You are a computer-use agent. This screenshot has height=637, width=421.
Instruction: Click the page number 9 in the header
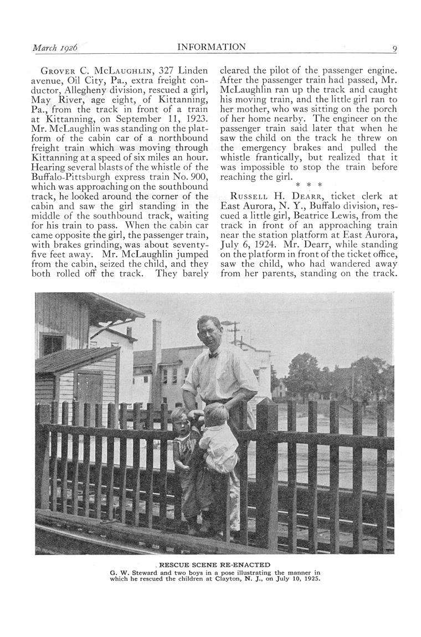point(394,48)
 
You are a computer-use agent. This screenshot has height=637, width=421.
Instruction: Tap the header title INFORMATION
point(211,48)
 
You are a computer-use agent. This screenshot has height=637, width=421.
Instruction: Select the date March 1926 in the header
point(54,48)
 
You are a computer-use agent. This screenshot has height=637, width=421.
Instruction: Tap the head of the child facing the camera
point(179,418)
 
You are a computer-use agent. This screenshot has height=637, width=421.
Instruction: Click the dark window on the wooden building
point(53,345)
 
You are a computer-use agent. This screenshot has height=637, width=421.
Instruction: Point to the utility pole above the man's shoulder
point(235,332)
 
